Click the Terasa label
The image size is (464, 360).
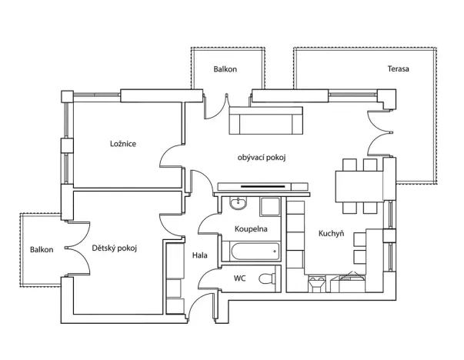click(398, 69)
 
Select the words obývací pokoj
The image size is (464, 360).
click(262, 158)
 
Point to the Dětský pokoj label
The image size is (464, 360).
click(114, 248)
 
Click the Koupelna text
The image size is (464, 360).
click(250, 229)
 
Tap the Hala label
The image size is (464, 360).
click(200, 254)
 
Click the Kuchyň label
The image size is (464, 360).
click(331, 235)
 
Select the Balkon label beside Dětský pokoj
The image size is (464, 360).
click(42, 250)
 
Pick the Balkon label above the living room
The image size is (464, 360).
click(225, 69)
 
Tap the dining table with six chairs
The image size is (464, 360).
click(360, 185)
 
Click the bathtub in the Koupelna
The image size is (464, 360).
click(250, 252)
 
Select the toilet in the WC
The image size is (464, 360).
click(265, 278)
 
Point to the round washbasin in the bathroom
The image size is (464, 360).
click(238, 205)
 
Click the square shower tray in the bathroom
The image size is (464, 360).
click(270, 205)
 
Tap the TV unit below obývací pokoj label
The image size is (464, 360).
click(262, 186)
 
